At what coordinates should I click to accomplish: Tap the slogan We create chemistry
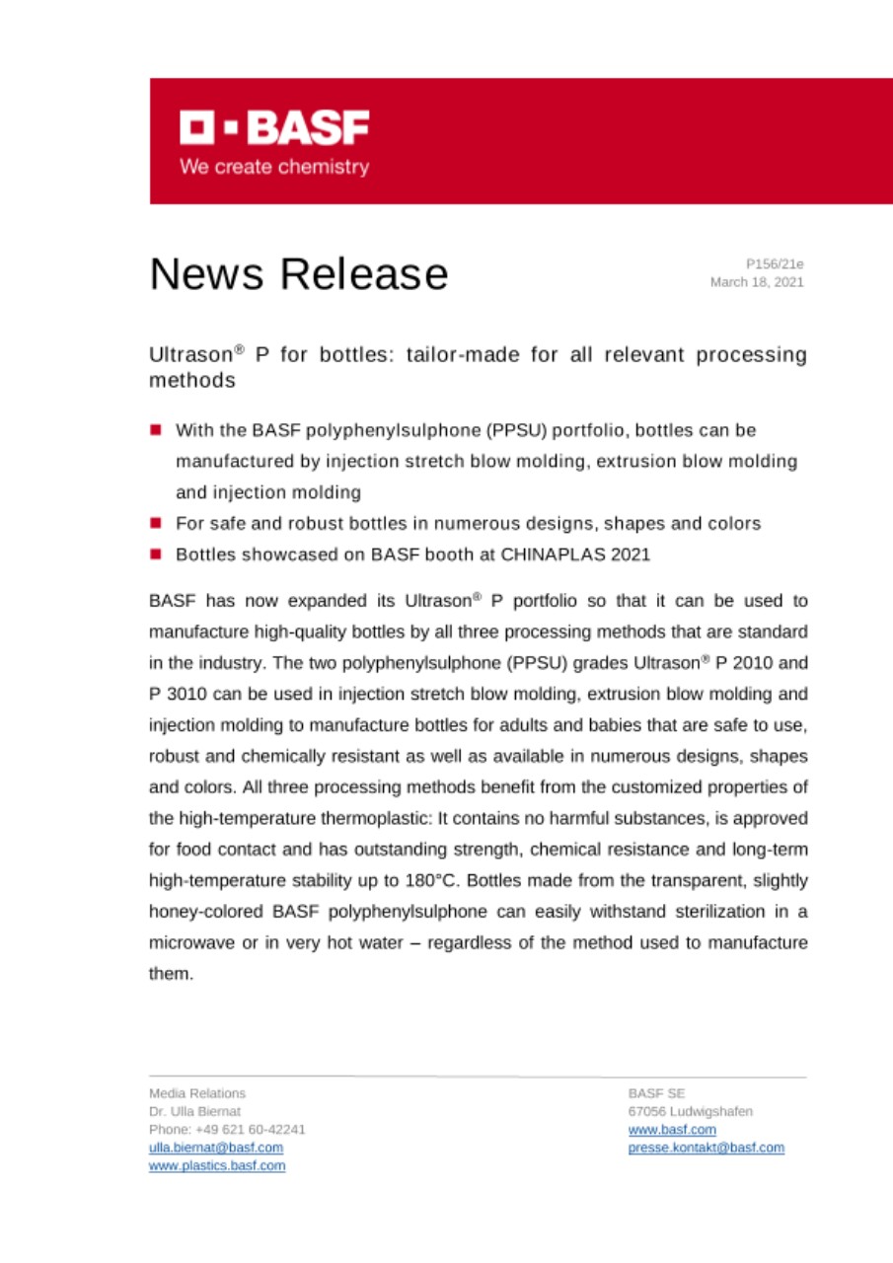[274, 167]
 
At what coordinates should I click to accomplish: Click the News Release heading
[298, 273]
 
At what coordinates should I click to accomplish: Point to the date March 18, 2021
[757, 282]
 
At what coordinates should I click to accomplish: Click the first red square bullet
[156, 431]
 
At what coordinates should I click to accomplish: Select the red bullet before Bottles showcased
[156, 555]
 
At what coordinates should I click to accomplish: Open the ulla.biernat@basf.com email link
[216, 1148]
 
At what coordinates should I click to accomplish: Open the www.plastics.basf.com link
[217, 1165]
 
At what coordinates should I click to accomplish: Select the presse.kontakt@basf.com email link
[706, 1148]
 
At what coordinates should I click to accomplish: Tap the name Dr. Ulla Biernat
[187, 1111]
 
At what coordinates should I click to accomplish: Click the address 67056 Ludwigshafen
[690, 1111]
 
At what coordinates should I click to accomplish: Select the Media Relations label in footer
[197, 1093]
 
